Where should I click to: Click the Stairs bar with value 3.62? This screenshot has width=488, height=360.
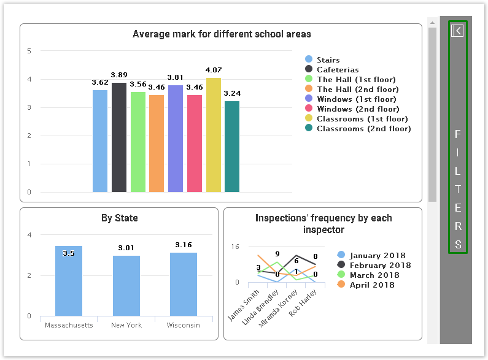(x=100, y=141)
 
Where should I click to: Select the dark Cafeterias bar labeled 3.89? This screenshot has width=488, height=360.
(x=119, y=137)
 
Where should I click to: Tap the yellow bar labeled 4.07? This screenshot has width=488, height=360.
(x=214, y=135)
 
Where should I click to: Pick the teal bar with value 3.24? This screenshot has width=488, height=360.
(x=232, y=147)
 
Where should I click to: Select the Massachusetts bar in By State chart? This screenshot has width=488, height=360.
(x=69, y=281)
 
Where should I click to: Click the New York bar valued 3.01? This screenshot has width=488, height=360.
(x=126, y=286)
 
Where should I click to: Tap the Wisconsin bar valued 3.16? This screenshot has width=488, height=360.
(x=184, y=284)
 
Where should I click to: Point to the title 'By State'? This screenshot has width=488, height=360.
(x=119, y=218)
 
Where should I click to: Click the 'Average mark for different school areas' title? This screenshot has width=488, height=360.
(x=222, y=34)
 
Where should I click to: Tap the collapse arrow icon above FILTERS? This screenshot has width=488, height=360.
(x=457, y=31)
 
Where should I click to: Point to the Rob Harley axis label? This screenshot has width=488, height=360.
(x=306, y=301)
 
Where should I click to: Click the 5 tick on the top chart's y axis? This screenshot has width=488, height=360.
(x=29, y=51)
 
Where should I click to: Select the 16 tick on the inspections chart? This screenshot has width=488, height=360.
(x=235, y=247)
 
